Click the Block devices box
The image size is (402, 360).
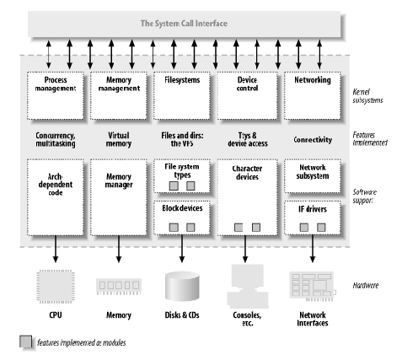click(x=183, y=218)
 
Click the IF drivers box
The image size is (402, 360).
click(x=313, y=218)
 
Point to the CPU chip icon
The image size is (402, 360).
click(x=55, y=287)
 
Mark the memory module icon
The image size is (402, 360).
click(x=118, y=287)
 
